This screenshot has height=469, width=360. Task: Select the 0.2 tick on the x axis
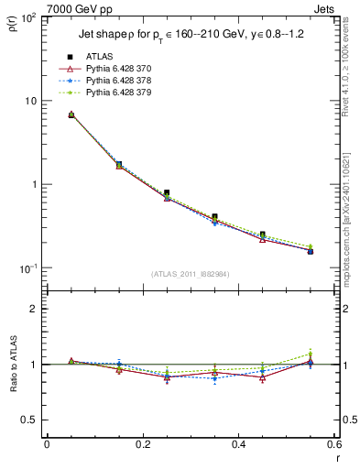click(x=142, y=445)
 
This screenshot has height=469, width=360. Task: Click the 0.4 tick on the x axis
click(x=238, y=445)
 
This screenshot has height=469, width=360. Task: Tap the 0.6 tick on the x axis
click(x=333, y=445)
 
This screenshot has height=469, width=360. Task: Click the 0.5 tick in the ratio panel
click(x=33, y=420)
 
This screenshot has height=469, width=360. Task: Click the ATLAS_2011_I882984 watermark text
click(x=191, y=273)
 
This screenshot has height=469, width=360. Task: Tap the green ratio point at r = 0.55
click(x=310, y=354)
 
